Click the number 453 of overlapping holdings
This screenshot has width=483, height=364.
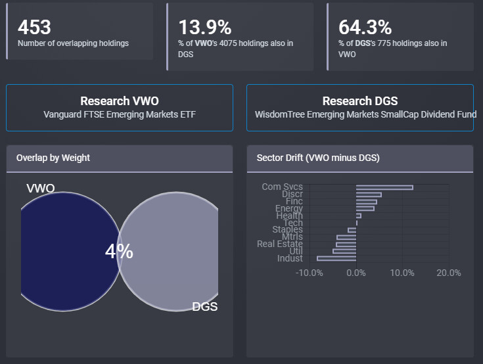point(34,27)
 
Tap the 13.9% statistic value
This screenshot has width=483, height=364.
point(205,27)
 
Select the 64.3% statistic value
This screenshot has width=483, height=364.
point(365,27)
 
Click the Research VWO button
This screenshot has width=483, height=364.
point(120,108)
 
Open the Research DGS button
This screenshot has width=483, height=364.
point(360,108)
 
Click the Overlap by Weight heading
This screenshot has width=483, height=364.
point(53,158)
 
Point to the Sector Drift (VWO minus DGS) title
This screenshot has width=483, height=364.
point(317,158)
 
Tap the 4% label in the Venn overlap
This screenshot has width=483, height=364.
point(119,251)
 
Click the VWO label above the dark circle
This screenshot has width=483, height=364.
point(41,189)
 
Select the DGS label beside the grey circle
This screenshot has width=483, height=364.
point(204,306)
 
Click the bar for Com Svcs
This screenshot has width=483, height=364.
point(384,187)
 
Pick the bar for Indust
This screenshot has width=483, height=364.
point(336,258)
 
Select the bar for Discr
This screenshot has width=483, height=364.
point(369,194)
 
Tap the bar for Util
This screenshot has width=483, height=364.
point(344,251)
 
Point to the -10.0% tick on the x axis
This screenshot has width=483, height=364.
point(309,273)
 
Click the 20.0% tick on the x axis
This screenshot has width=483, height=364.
point(448,273)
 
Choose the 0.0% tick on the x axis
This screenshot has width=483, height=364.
point(356,273)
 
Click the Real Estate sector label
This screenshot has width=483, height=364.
point(280,244)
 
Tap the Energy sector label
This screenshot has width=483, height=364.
point(289,209)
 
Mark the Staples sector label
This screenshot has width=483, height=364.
point(288,230)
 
